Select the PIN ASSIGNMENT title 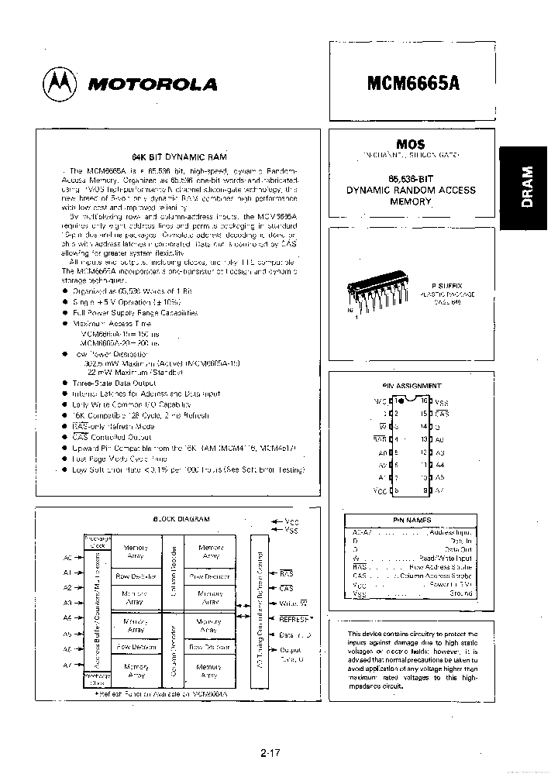pyautogui.click(x=412, y=385)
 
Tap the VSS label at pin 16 pyautogui.click(x=442, y=402)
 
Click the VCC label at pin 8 pyautogui.click(x=380, y=490)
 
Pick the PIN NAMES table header pyautogui.click(x=412, y=520)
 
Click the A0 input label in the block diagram pyautogui.click(x=67, y=556)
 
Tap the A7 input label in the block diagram pyautogui.click(x=67, y=665)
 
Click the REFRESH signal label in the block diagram pyautogui.click(x=294, y=618)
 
